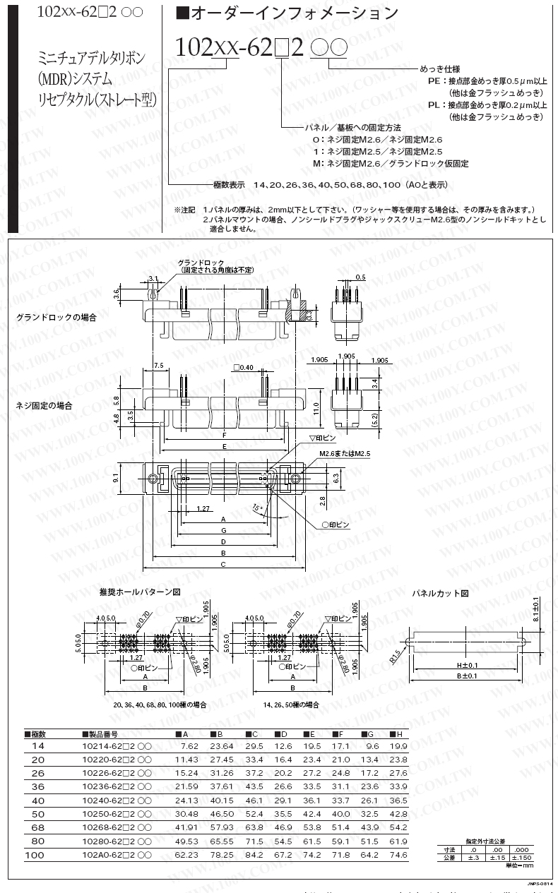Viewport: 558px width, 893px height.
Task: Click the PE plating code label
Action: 436,81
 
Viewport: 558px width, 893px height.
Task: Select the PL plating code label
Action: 436,104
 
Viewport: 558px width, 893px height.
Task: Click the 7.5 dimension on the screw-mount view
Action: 158,366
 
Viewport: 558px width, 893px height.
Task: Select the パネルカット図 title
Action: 441,594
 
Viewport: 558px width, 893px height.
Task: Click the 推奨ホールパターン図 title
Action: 141,592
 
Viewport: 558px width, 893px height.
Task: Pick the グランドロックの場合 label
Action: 57,318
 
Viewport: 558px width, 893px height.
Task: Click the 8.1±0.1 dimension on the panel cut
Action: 537,608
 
